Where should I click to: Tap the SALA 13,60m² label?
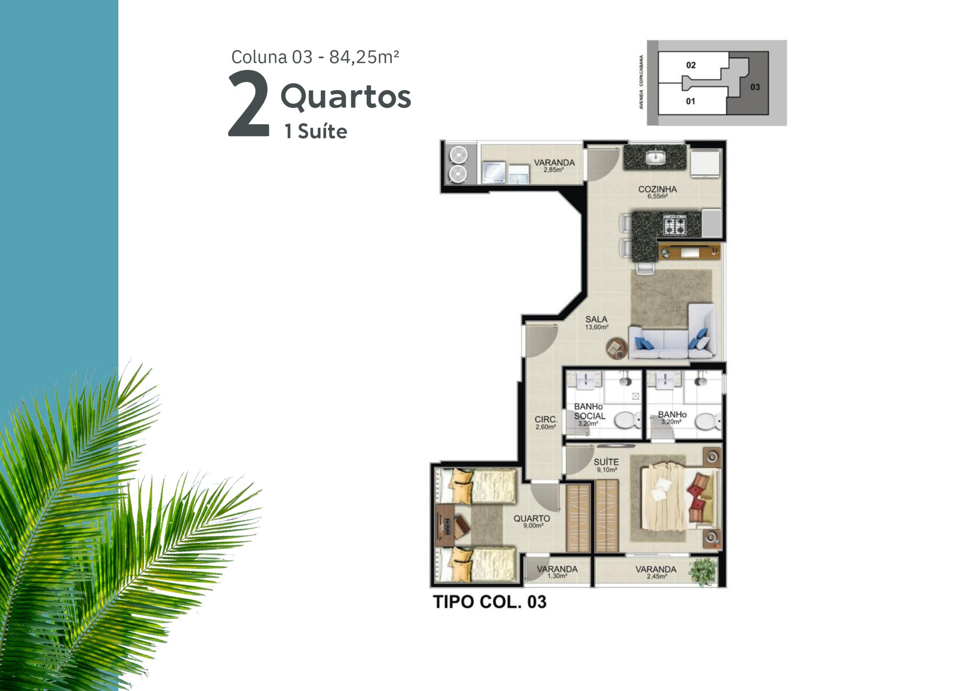[596, 322]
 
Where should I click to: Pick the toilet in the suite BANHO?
[708, 421]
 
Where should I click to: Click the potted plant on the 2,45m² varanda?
[703, 571]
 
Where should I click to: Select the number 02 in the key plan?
[691, 65]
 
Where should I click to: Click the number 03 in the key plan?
[755, 87]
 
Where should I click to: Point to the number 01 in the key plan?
[690, 101]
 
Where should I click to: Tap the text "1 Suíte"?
[316, 132]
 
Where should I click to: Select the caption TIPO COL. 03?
[489, 602]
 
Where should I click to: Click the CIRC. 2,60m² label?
[546, 422]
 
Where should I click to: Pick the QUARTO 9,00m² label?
[532, 521]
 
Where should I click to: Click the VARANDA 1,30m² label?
[557, 571]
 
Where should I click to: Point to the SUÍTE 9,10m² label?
[607, 465]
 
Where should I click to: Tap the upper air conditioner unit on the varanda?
[458, 154]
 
